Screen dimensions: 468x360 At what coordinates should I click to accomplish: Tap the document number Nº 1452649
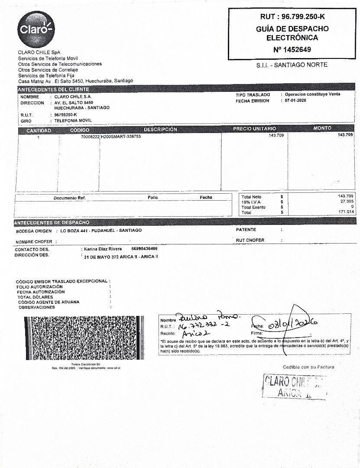point(292,49)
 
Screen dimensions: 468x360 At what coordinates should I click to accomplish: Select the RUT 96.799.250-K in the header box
point(292,17)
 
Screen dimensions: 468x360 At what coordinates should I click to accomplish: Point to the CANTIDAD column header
point(39,130)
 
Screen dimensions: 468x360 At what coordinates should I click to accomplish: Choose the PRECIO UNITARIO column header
point(254,129)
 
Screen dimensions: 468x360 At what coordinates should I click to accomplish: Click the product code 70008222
point(90,136)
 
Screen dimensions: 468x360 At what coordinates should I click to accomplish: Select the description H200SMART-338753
point(121,136)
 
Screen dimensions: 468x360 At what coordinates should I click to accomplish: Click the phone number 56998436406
point(144,249)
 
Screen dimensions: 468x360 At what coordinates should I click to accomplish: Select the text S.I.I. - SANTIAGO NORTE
point(292,65)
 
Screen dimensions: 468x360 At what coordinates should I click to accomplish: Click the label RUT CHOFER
point(250,240)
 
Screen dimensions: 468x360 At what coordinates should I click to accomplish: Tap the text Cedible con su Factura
point(308,367)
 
